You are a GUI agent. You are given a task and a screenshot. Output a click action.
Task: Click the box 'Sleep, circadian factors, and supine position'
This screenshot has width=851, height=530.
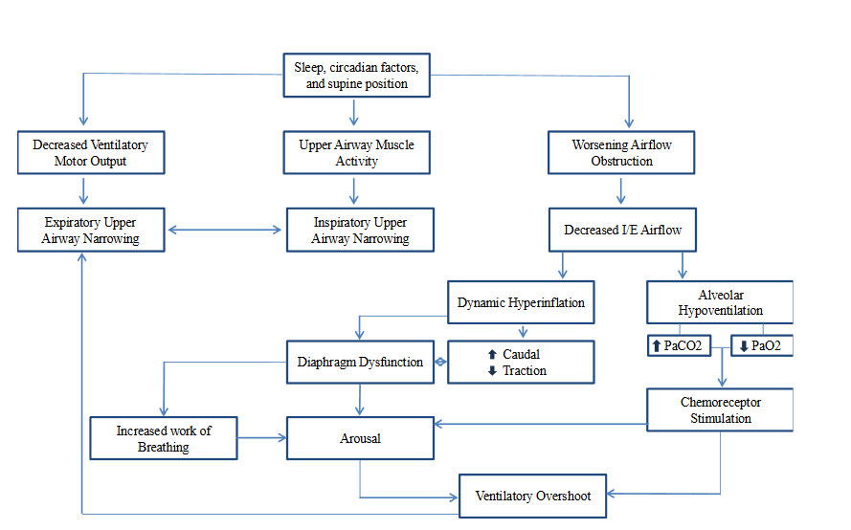[x=356, y=76]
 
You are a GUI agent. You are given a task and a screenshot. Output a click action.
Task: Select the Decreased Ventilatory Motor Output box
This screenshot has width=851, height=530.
[x=90, y=153]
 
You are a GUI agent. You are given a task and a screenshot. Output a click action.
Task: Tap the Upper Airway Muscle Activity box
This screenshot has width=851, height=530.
[x=356, y=153]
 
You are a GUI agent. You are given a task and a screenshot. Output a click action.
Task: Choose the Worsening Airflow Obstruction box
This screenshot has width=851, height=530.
[x=621, y=153]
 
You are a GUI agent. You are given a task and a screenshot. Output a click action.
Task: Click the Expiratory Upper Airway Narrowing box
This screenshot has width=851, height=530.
[x=90, y=231]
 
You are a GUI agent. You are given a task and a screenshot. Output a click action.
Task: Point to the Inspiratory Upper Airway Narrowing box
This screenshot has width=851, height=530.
[x=360, y=231]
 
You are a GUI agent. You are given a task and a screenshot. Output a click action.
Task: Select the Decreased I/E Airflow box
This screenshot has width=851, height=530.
[x=622, y=231]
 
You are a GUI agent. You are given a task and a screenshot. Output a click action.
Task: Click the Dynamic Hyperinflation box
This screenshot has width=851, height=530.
[x=521, y=302]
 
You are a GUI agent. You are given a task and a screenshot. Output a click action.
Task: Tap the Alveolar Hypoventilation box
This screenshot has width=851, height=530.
[x=720, y=302]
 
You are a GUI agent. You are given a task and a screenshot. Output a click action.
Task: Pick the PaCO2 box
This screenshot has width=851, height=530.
[x=680, y=345]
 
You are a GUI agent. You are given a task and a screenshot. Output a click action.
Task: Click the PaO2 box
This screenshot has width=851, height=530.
[x=762, y=345]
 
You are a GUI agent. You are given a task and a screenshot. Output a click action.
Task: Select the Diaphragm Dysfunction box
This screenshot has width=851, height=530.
[x=360, y=363]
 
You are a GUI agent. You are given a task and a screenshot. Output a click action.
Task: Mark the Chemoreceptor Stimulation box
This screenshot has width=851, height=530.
[x=720, y=409]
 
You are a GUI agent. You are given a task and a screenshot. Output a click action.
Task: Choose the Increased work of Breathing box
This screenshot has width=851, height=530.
[x=164, y=438]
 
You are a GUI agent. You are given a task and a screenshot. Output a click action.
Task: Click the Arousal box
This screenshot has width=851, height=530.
[x=360, y=438]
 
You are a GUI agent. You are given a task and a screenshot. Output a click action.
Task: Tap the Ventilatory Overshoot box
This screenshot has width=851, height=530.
[x=532, y=496]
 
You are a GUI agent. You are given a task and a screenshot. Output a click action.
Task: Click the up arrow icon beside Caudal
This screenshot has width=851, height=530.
[x=492, y=355]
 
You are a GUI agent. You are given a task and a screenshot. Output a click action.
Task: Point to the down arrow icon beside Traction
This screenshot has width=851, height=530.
[x=492, y=371]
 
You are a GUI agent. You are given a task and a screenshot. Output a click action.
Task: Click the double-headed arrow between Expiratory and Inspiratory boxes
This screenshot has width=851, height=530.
[x=226, y=230]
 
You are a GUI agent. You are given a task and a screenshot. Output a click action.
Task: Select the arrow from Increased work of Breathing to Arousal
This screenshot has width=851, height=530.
[x=262, y=438]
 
